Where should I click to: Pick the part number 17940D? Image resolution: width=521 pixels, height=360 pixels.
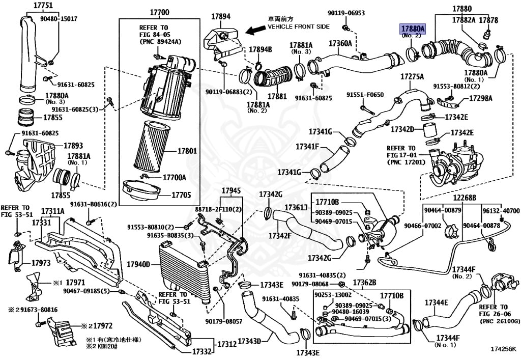pos(139,264)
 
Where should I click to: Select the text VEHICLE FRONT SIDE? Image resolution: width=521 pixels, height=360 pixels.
pos(298,26)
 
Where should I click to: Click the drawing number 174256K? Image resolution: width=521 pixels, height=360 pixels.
pos(503,350)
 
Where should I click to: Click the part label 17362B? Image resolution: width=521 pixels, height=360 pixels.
pos(365,283)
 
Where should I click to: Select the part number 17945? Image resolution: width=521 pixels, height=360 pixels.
pos(231,190)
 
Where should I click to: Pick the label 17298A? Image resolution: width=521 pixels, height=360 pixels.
pos(481,98)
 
